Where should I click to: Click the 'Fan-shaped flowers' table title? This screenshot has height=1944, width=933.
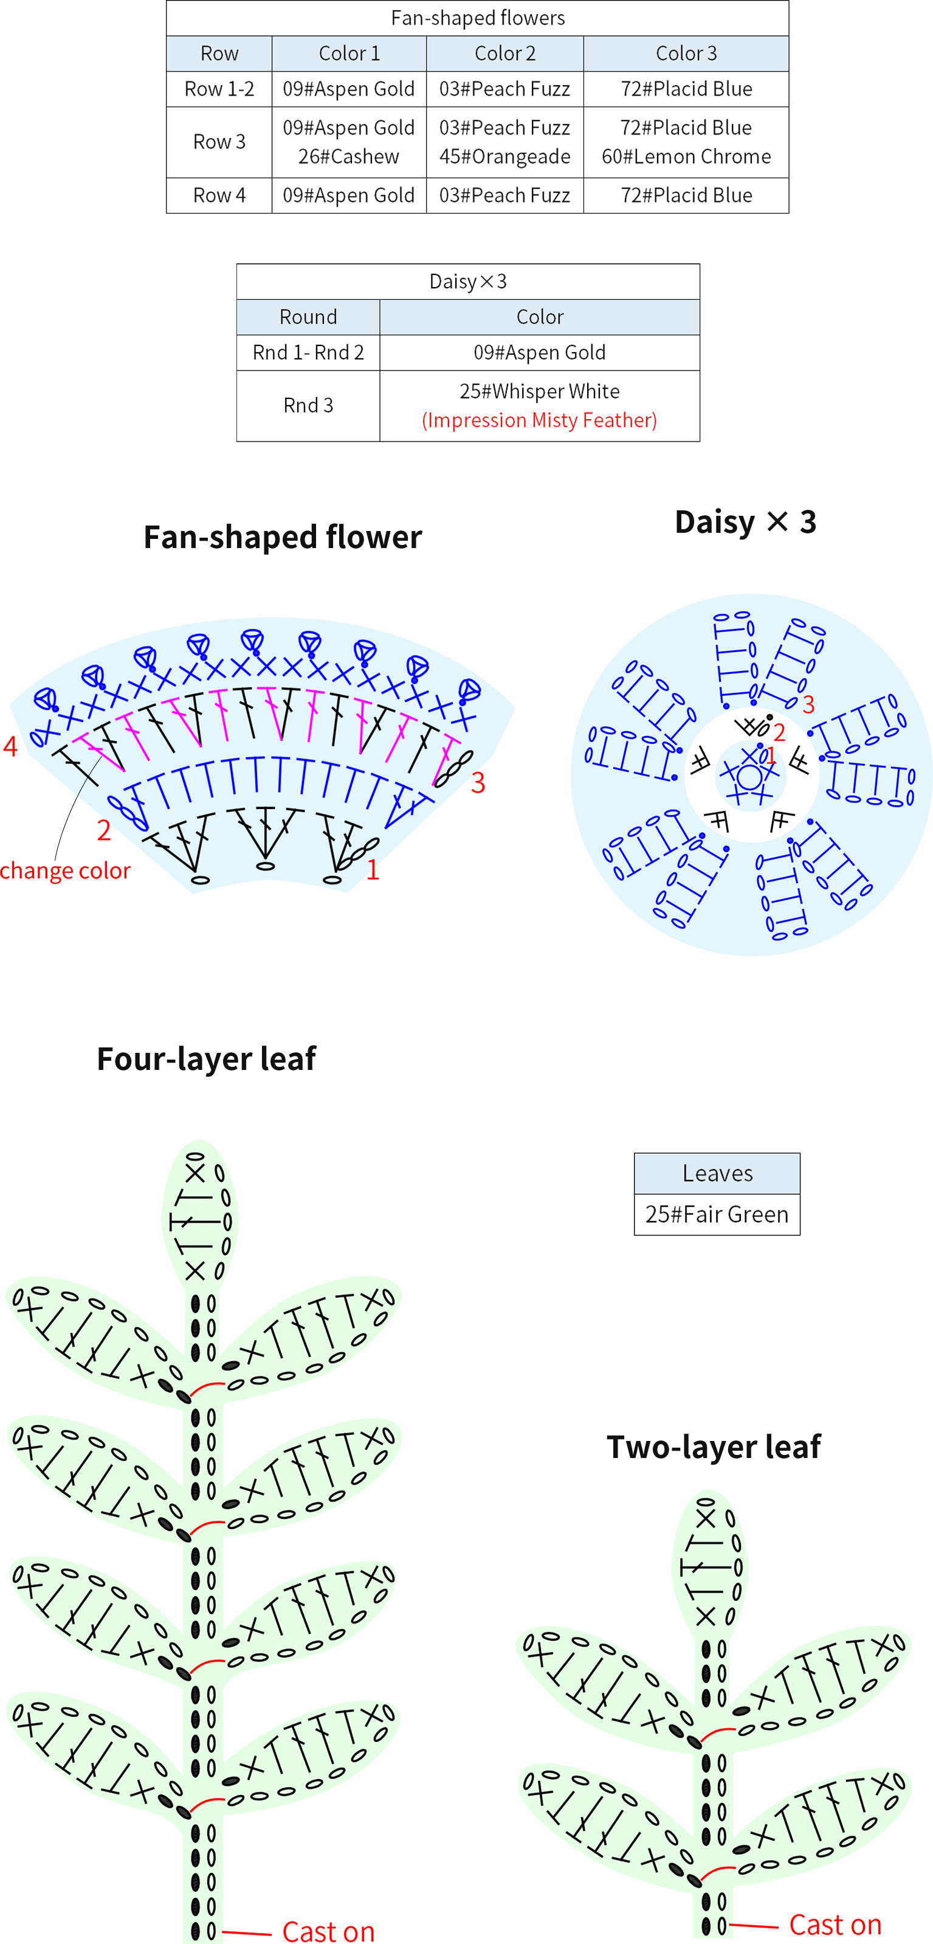click(x=477, y=18)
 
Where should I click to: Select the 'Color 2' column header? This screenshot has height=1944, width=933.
click(x=504, y=54)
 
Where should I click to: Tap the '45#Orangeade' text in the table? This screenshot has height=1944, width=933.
click(x=504, y=156)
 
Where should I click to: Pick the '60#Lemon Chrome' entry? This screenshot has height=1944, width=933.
click(x=686, y=156)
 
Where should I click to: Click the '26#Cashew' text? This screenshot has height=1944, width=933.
click(x=348, y=156)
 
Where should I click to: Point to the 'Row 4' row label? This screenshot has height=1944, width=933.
click(x=219, y=195)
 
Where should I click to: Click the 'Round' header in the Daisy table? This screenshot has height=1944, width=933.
click(x=308, y=317)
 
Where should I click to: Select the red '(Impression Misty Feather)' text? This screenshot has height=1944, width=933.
click(x=539, y=420)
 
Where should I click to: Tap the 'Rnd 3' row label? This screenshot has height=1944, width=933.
click(x=308, y=405)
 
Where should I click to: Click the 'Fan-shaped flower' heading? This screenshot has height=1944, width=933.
click(x=283, y=536)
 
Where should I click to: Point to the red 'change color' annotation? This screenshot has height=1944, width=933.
click(x=65, y=870)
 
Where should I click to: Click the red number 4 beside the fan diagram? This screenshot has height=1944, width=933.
click(x=10, y=746)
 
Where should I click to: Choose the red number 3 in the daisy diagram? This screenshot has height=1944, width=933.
click(x=808, y=705)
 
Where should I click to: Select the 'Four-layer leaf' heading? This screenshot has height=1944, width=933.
click(x=206, y=1059)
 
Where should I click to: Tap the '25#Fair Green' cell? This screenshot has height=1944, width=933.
click(x=717, y=1214)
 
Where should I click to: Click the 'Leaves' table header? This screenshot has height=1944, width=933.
click(x=717, y=1173)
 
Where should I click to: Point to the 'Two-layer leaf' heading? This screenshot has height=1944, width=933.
click(x=714, y=1446)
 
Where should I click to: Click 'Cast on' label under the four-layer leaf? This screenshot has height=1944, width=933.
click(x=328, y=1931)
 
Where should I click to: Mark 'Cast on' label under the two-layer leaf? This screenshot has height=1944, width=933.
click(x=835, y=1924)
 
